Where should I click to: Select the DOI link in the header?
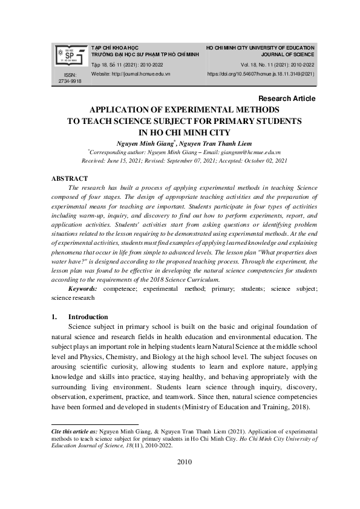261,74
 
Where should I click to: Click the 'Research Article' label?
286,99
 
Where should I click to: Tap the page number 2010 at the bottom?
184,462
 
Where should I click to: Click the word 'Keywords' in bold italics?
83,290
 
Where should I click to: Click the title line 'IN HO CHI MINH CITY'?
184,132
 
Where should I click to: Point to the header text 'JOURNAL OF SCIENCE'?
289,54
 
